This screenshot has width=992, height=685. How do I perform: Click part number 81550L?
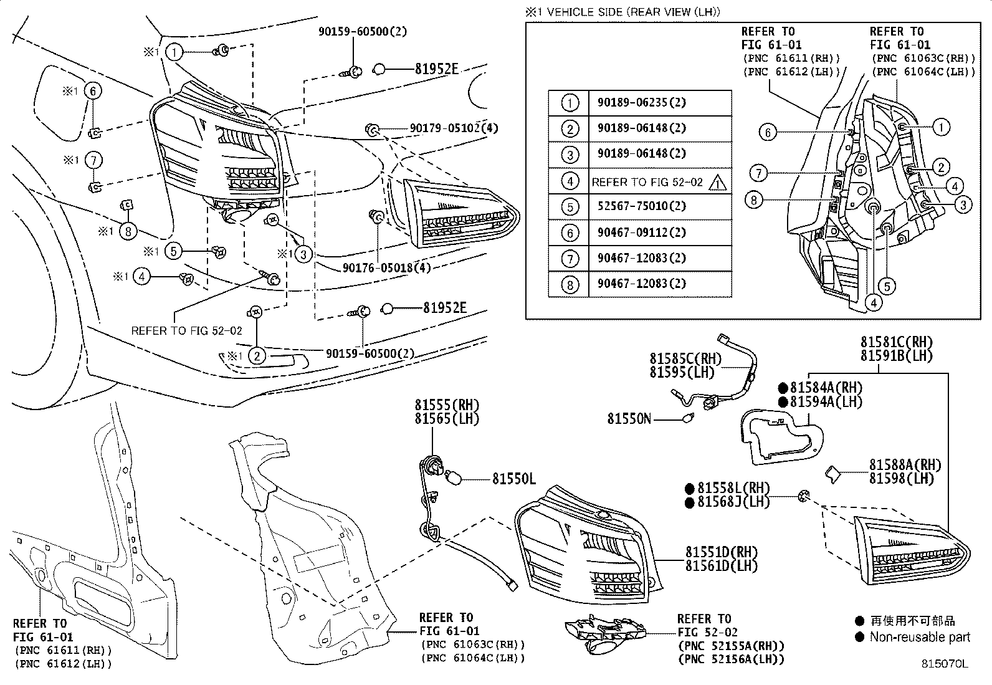(x=513, y=479)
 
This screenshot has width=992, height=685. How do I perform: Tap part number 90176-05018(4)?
(x=386, y=267)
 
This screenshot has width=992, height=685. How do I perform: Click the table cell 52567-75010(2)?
(x=642, y=206)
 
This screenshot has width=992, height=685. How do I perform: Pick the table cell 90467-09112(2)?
(x=642, y=232)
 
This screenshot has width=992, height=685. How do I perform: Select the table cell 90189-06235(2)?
(x=642, y=102)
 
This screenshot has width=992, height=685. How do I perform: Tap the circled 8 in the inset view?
(x=753, y=200)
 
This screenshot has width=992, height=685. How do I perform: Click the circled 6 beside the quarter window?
(x=93, y=91)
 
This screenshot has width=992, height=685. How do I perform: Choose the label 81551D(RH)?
(x=721, y=552)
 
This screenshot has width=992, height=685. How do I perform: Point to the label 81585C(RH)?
(x=677, y=359)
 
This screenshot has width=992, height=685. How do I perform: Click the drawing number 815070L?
(x=945, y=664)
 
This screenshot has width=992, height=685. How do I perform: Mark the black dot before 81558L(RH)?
(x=690, y=489)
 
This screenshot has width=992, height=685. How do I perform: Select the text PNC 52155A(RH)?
(x=730, y=646)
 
